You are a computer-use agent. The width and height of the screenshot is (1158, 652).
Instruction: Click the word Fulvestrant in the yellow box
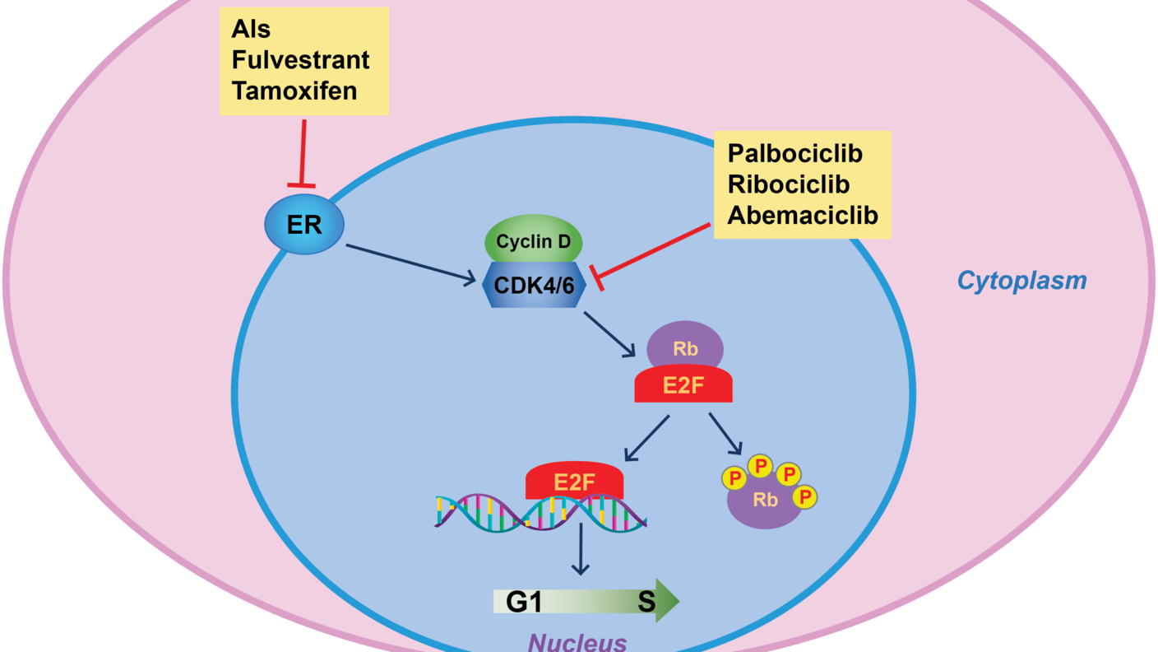[x=300, y=59]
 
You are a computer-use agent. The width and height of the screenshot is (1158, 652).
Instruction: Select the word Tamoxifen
[x=294, y=90]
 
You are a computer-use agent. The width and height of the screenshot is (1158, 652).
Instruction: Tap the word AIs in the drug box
[x=251, y=29]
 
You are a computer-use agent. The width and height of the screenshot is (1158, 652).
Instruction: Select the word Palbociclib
[x=795, y=153]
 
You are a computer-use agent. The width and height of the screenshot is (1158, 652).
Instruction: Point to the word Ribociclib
[x=788, y=184]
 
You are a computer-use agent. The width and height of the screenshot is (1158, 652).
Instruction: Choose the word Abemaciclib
[x=803, y=215]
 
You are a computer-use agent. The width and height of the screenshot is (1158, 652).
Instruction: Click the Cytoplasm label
[x=1021, y=281]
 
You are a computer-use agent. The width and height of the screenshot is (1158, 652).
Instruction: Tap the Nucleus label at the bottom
[x=578, y=641]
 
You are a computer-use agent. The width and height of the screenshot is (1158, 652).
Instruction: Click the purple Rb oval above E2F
[x=685, y=347]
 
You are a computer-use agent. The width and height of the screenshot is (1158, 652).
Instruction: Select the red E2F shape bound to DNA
[x=574, y=480]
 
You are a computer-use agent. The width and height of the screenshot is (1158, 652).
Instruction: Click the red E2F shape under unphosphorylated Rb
[x=683, y=384]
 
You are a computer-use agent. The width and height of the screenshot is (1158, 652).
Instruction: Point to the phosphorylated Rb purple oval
[x=765, y=502]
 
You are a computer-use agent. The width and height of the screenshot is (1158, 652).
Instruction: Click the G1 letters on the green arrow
[x=524, y=602]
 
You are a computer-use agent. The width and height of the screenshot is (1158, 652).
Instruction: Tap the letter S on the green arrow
[x=646, y=602]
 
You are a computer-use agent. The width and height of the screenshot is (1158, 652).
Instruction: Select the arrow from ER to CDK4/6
[x=411, y=263]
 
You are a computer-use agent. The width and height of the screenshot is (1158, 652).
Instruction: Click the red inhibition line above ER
[x=303, y=153]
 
